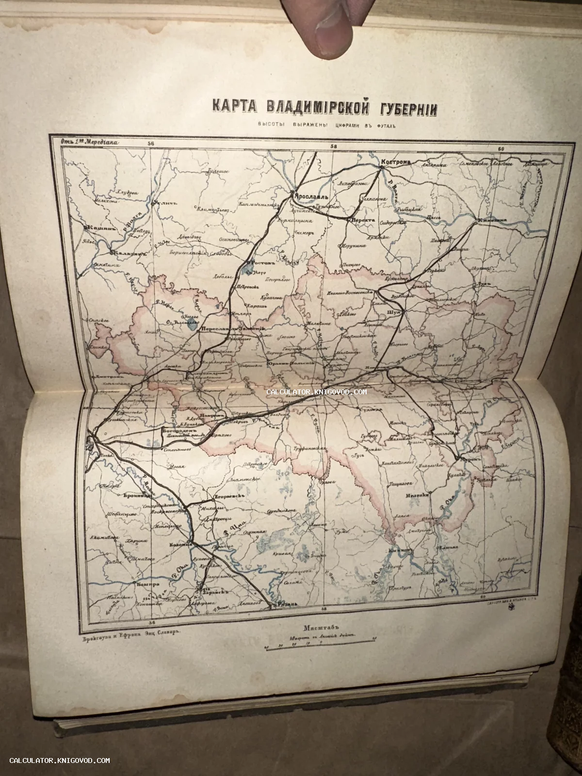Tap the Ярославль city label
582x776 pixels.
tap(310, 197)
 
